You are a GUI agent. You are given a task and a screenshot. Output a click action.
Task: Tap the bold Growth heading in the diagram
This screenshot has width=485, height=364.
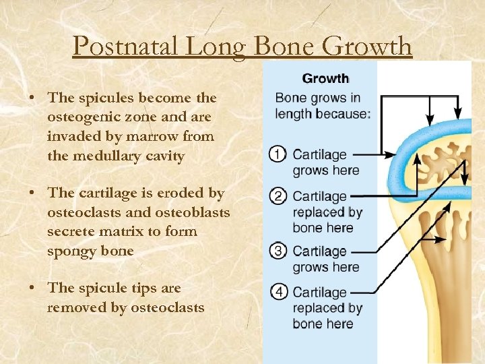tap(325, 79)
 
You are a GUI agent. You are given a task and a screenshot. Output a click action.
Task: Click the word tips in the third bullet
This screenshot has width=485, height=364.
tap(145, 288)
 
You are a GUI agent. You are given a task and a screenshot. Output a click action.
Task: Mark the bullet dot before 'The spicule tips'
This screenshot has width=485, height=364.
tap(32, 289)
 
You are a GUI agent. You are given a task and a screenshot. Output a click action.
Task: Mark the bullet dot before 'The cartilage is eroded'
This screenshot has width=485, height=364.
tap(32, 193)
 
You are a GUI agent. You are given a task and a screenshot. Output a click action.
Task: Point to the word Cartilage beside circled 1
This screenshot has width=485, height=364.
tap(320, 155)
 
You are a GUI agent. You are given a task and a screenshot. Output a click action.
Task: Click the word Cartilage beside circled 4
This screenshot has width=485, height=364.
tap(320, 293)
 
